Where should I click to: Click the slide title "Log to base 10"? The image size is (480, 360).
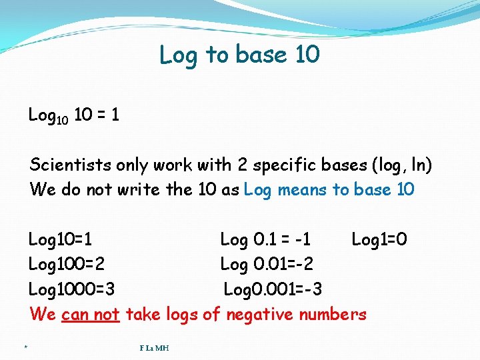click(239, 55)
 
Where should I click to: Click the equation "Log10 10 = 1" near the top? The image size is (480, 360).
click(74, 115)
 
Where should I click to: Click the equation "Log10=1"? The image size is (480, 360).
click(61, 239)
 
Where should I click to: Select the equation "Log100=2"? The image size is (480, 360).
click(67, 264)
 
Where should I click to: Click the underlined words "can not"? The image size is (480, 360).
click(90, 314)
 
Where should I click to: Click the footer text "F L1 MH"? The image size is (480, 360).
click(154, 347)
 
